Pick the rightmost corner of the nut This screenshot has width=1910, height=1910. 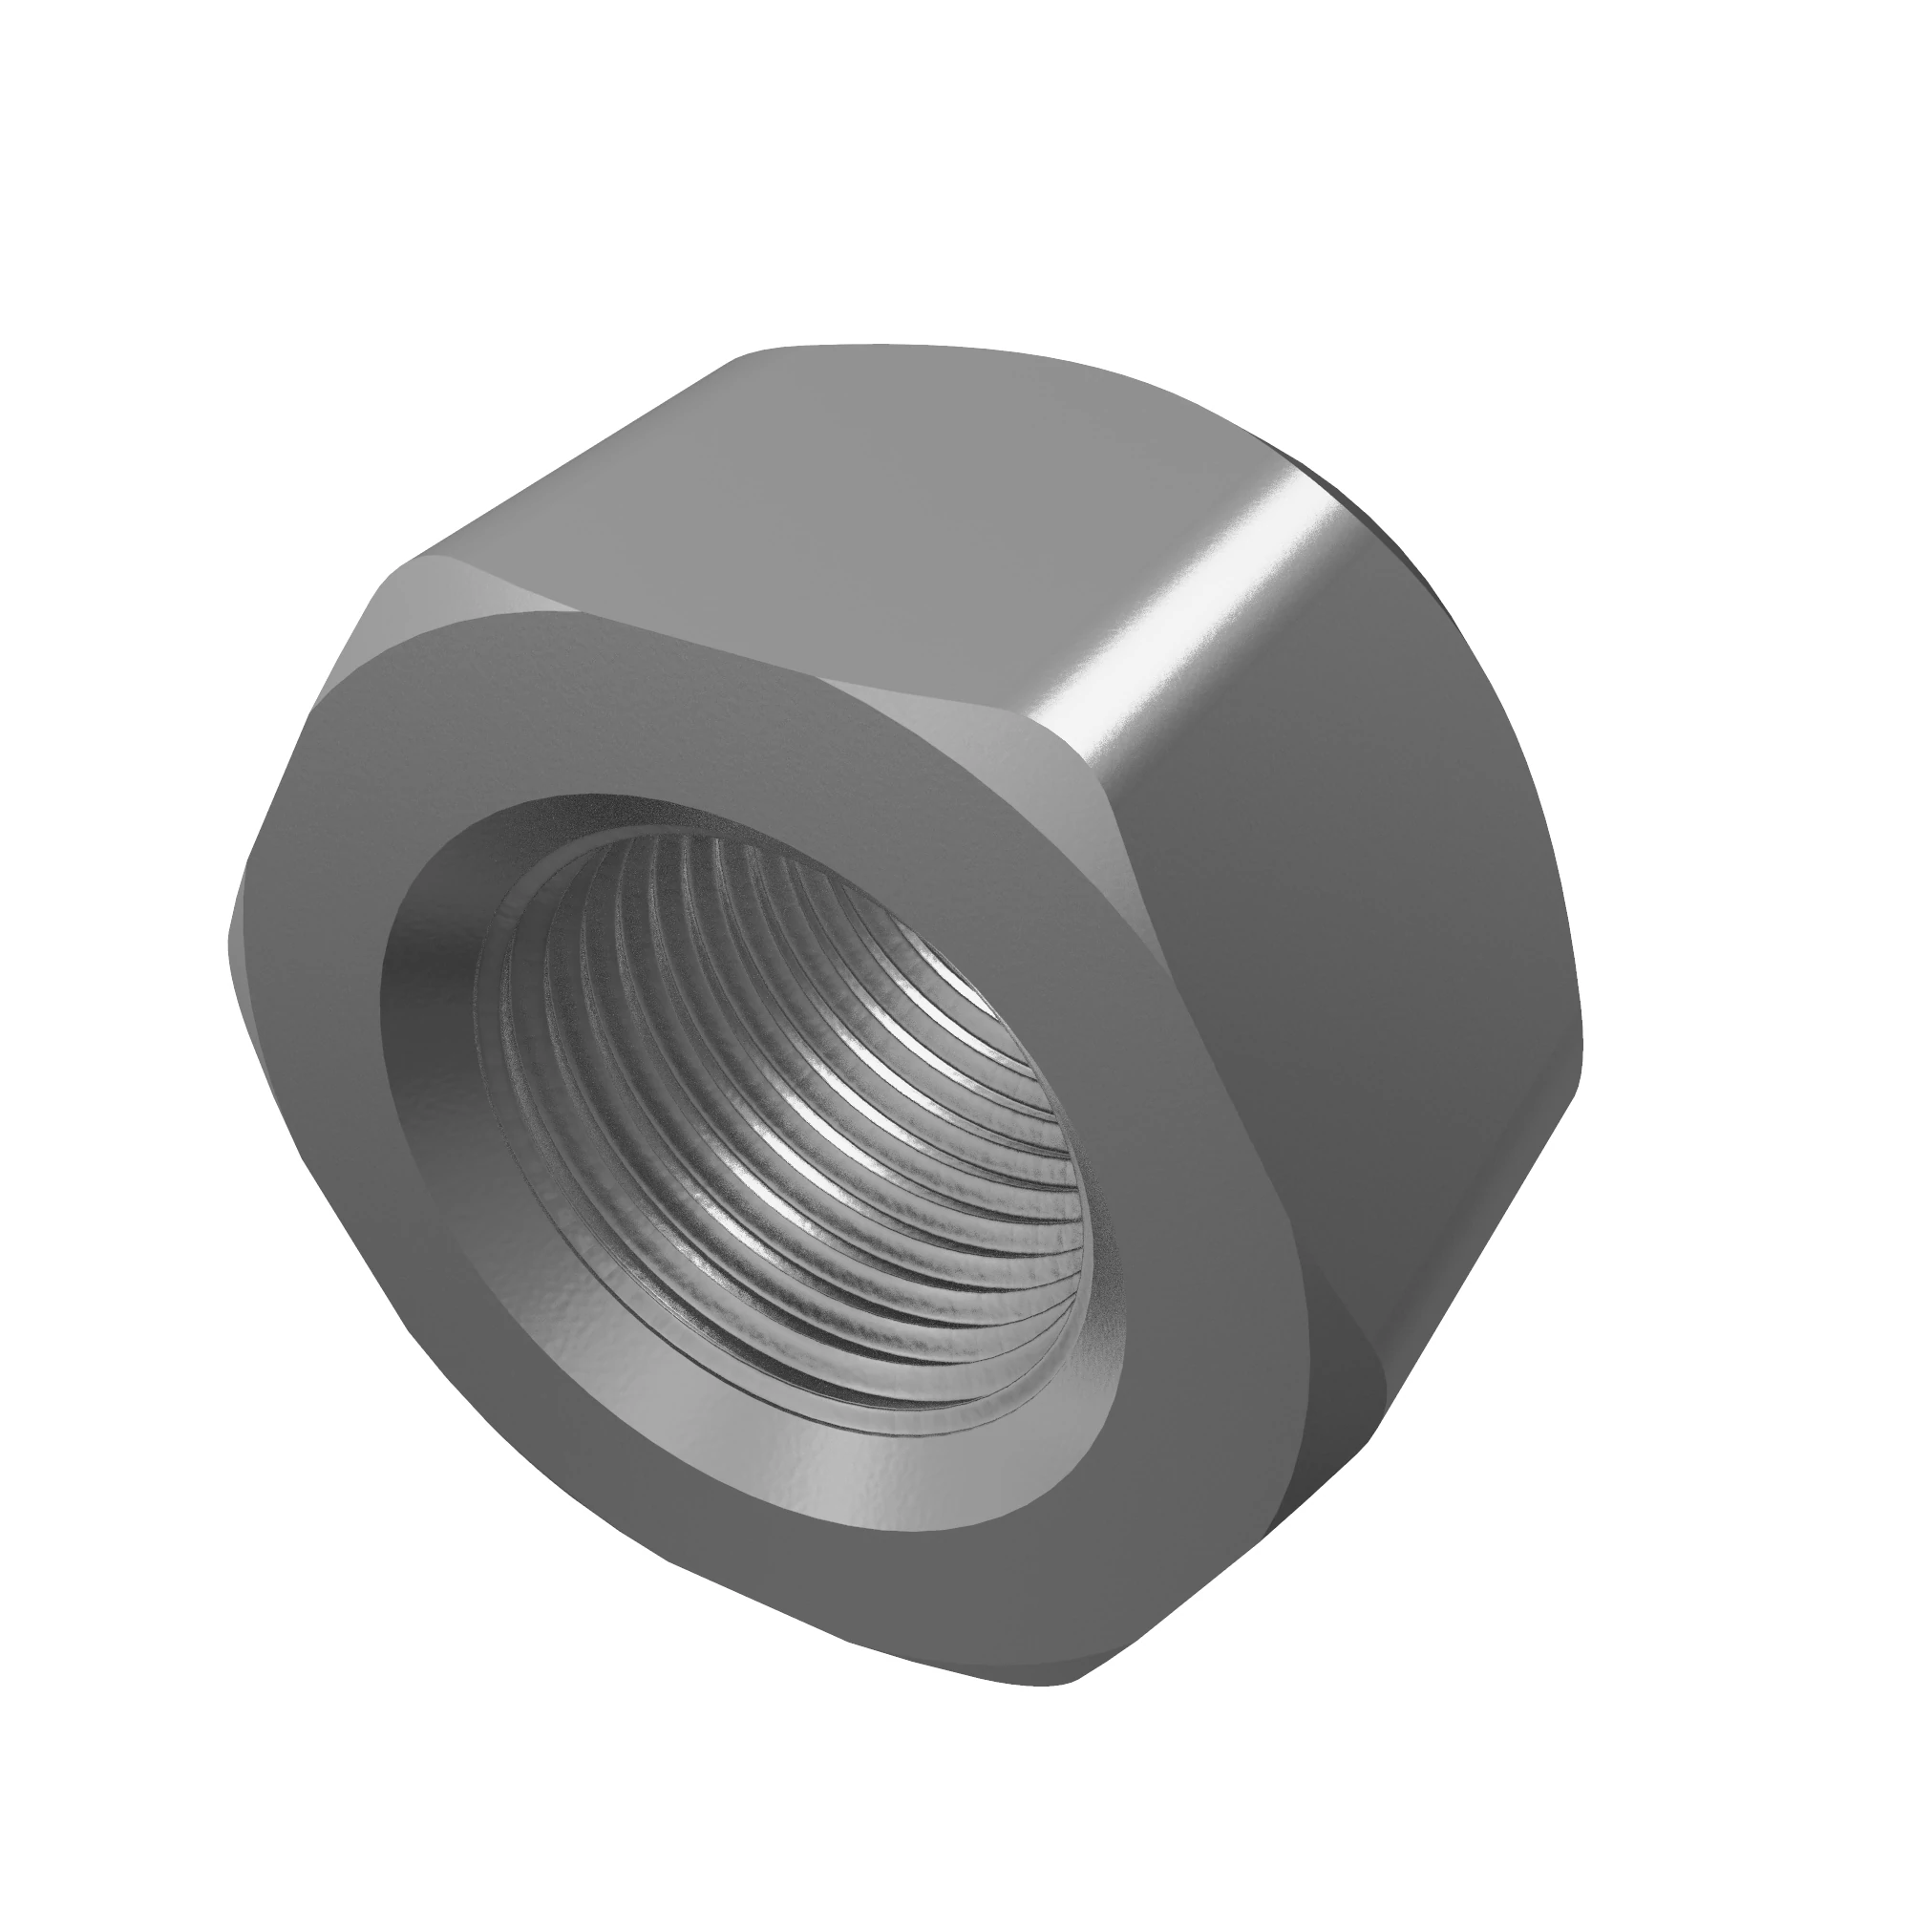coord(1581,1048)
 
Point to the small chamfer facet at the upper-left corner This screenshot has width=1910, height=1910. coord(435,593)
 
